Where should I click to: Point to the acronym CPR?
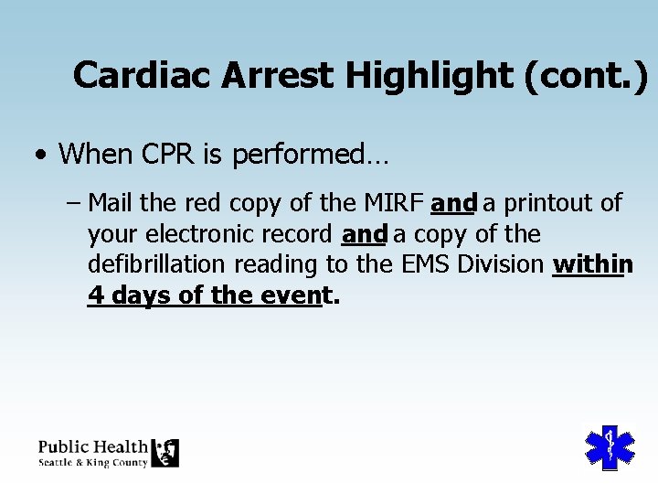(164, 154)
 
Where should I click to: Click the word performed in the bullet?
(311, 154)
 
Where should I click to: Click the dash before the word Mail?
(75, 202)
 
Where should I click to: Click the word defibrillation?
(157, 265)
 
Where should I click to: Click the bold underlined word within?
(592, 265)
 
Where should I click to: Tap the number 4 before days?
(95, 296)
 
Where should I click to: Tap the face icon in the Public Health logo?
(165, 453)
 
